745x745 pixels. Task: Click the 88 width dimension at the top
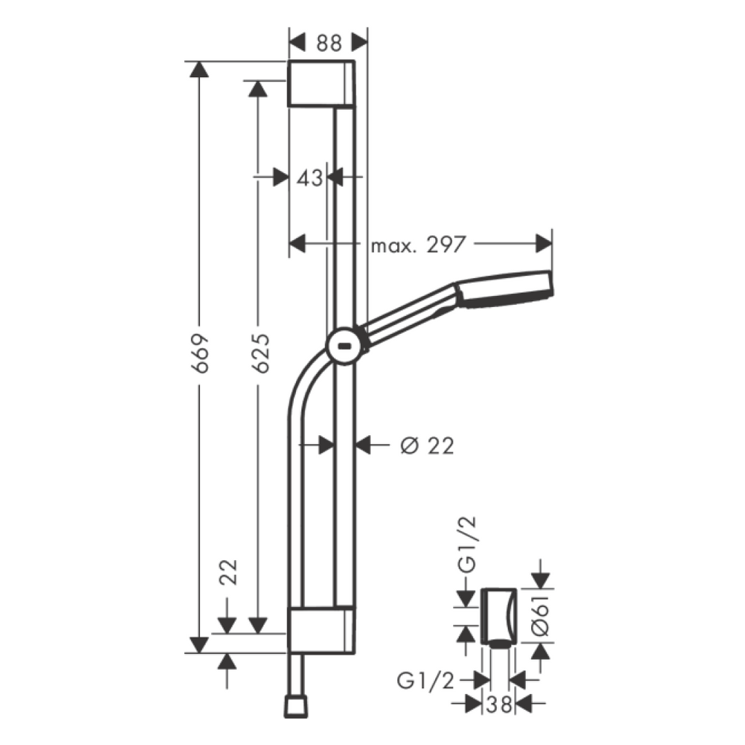pos(329,43)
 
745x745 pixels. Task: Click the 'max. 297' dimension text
pos(418,244)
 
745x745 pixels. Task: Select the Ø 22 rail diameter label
pos(427,445)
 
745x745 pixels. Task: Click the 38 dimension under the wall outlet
pos(499,704)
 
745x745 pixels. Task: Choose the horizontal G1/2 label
pos(426,680)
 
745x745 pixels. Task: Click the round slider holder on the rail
pos(346,344)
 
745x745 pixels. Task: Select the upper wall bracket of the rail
pos(322,84)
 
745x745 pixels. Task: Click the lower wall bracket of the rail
pos(322,630)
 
